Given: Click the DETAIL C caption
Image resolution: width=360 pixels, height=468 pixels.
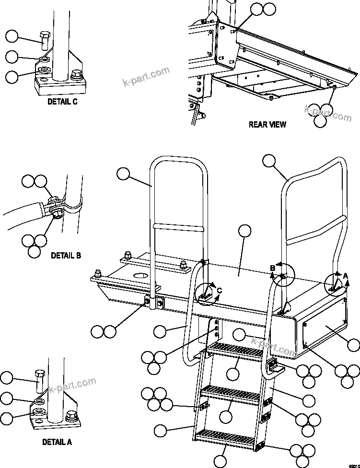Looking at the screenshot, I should coord(62,102).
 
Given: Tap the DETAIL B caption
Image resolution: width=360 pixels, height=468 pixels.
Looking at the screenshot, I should coord(66,256).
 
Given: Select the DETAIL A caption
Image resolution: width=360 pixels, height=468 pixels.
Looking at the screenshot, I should coord(57,442).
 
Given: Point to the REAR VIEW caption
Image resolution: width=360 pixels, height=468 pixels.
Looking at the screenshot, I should coord(267,125).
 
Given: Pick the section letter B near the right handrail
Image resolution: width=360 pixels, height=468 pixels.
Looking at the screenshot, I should coord(272,268).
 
